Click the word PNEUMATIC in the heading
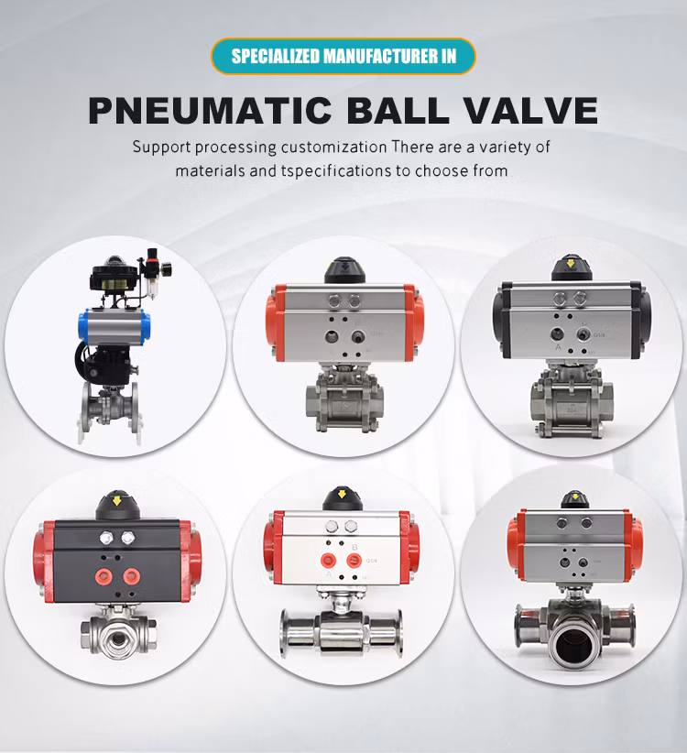211,111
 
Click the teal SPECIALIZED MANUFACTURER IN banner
343,56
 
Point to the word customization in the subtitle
333,147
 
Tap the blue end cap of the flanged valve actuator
83,326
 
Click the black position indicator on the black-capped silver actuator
571,268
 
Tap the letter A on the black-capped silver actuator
558,346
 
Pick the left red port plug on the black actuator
103,576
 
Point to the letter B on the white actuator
354,547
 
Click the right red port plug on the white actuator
354,560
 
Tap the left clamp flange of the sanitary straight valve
284,633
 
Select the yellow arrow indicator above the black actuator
116,500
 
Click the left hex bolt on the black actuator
106,538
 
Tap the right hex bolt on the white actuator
351,527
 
